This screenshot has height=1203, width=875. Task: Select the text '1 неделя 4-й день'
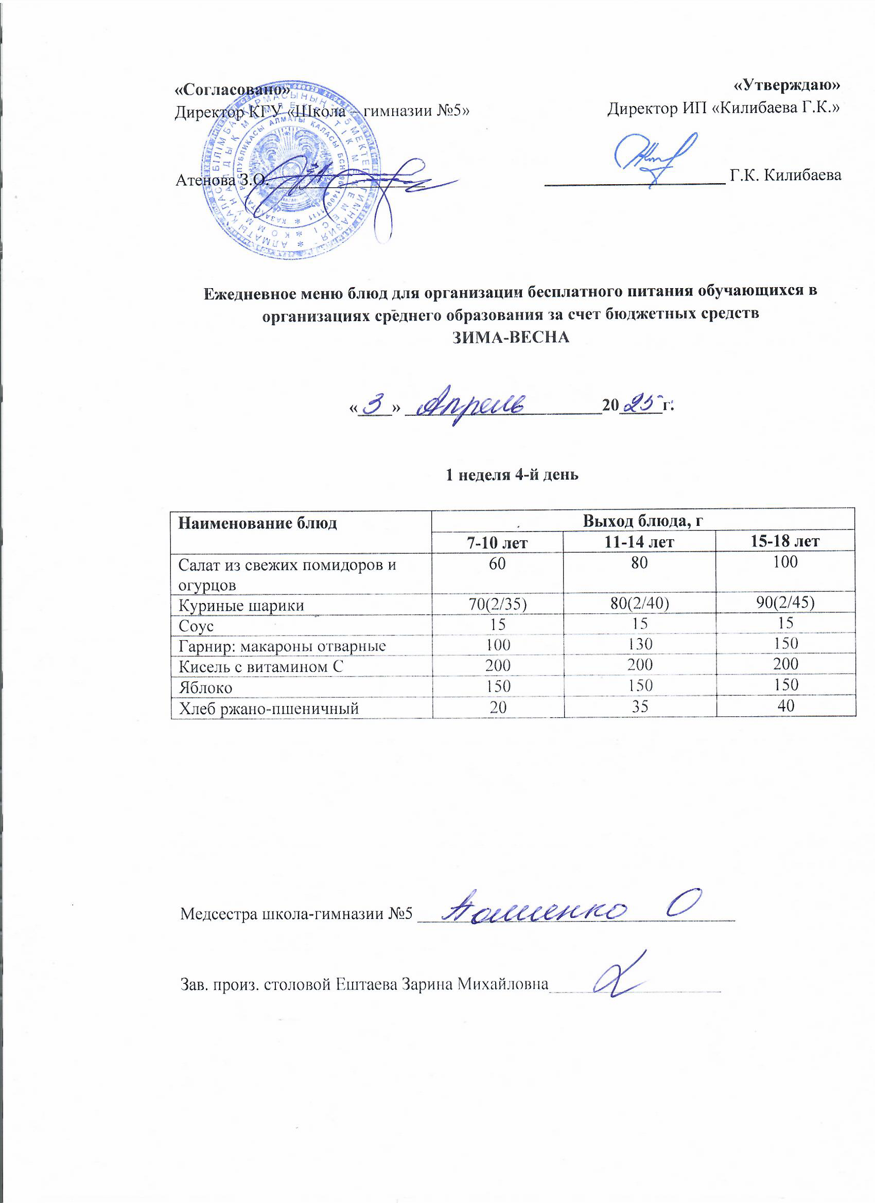point(512,475)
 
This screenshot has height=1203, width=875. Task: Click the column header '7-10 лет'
point(498,542)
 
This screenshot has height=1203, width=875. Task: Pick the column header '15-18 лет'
point(785,542)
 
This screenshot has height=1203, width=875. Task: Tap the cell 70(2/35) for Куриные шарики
point(498,604)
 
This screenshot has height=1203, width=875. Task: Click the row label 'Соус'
point(196,626)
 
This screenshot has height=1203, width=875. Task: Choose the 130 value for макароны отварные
point(639,644)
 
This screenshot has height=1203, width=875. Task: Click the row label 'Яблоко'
point(205,687)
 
